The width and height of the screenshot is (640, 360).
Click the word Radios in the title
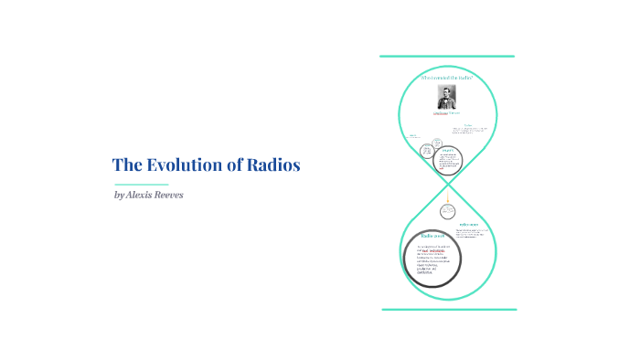273,165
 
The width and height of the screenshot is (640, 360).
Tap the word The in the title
125,165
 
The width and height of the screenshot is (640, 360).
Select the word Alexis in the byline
143,195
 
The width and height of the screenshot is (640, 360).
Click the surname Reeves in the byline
177,195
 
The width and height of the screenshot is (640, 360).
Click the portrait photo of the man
447,97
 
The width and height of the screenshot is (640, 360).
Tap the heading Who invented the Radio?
447,79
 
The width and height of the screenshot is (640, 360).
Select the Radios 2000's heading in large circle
432,237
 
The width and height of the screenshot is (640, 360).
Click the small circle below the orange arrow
448,211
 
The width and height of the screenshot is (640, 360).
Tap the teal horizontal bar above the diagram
447,57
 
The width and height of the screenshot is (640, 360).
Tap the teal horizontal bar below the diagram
448,310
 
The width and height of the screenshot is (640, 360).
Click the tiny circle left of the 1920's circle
426,150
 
